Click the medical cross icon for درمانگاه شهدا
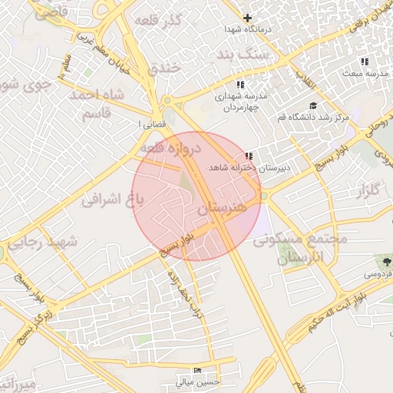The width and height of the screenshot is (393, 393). tap(247, 17)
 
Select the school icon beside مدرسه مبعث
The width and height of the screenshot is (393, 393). tap(365, 61)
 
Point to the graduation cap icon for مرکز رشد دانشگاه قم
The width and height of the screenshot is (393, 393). tap(312, 106)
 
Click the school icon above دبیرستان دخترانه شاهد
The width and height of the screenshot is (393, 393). tap(248, 156)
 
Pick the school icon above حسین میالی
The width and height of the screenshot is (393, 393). tap(197, 370)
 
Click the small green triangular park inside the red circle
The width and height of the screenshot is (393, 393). tap(184, 181)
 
